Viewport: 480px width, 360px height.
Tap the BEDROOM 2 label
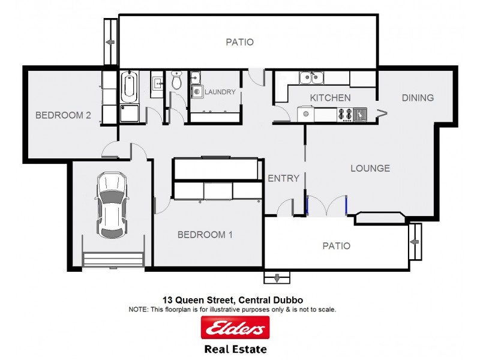tap(62, 115)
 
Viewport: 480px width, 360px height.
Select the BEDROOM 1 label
tap(205, 235)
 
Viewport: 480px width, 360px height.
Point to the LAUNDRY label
tap(220, 92)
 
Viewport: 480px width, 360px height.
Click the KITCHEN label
tap(330, 98)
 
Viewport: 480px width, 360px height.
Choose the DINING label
tap(418, 98)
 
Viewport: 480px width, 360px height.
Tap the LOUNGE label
tap(370, 168)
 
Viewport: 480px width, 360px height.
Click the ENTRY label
tap(283, 178)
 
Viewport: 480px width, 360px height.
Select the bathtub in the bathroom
tap(129, 88)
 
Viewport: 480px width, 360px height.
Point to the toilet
tap(176, 80)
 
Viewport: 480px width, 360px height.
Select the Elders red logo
tap(235, 328)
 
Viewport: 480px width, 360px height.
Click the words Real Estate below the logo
tap(235, 349)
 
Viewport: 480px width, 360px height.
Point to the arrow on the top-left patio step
tap(110, 42)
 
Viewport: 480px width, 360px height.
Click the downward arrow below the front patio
tap(277, 278)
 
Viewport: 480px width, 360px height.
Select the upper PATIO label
tap(239, 42)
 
